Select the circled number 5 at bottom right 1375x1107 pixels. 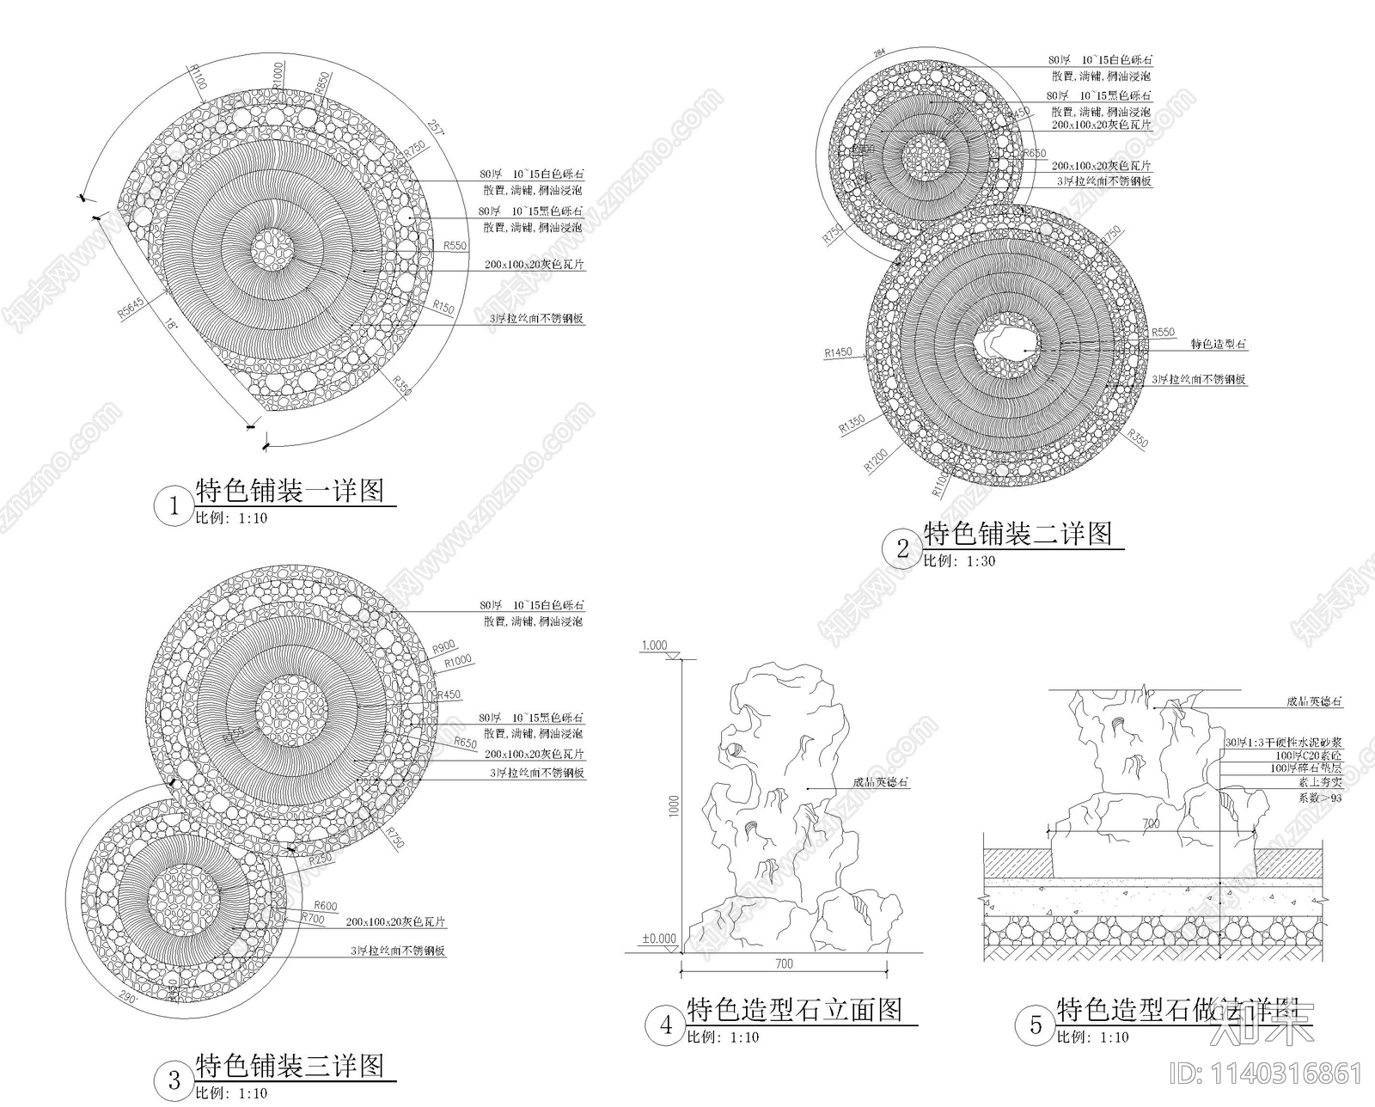coord(1036,1024)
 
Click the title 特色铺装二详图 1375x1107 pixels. coord(1017,534)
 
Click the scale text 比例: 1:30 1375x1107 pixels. coord(959,561)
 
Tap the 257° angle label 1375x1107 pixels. coord(437,130)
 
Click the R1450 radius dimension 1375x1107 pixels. coord(838,352)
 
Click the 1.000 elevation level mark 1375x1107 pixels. coord(654,645)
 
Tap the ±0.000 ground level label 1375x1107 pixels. coord(658,939)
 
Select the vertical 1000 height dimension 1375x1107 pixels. coord(675,805)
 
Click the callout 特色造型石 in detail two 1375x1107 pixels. coord(1218,344)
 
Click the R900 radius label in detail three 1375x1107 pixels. coord(443,646)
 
